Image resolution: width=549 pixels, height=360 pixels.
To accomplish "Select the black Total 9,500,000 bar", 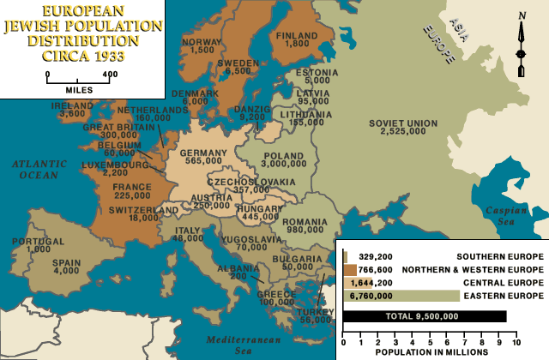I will coord(425,316).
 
